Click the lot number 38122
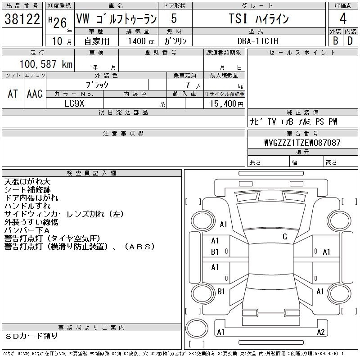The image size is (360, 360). (22, 19)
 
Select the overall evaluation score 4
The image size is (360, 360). (343, 19)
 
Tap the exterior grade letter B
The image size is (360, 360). (335, 40)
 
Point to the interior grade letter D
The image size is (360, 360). (350, 40)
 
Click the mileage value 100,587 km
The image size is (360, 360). (45, 64)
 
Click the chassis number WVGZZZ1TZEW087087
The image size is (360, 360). (302, 143)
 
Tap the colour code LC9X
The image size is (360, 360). (75, 103)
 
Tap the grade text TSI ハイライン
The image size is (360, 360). (258, 19)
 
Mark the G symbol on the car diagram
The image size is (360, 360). (284, 237)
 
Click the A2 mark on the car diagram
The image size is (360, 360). (320, 332)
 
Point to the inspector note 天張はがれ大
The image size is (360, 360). (27, 182)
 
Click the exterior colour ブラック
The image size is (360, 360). (97, 85)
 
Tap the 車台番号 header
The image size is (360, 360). (302, 134)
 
